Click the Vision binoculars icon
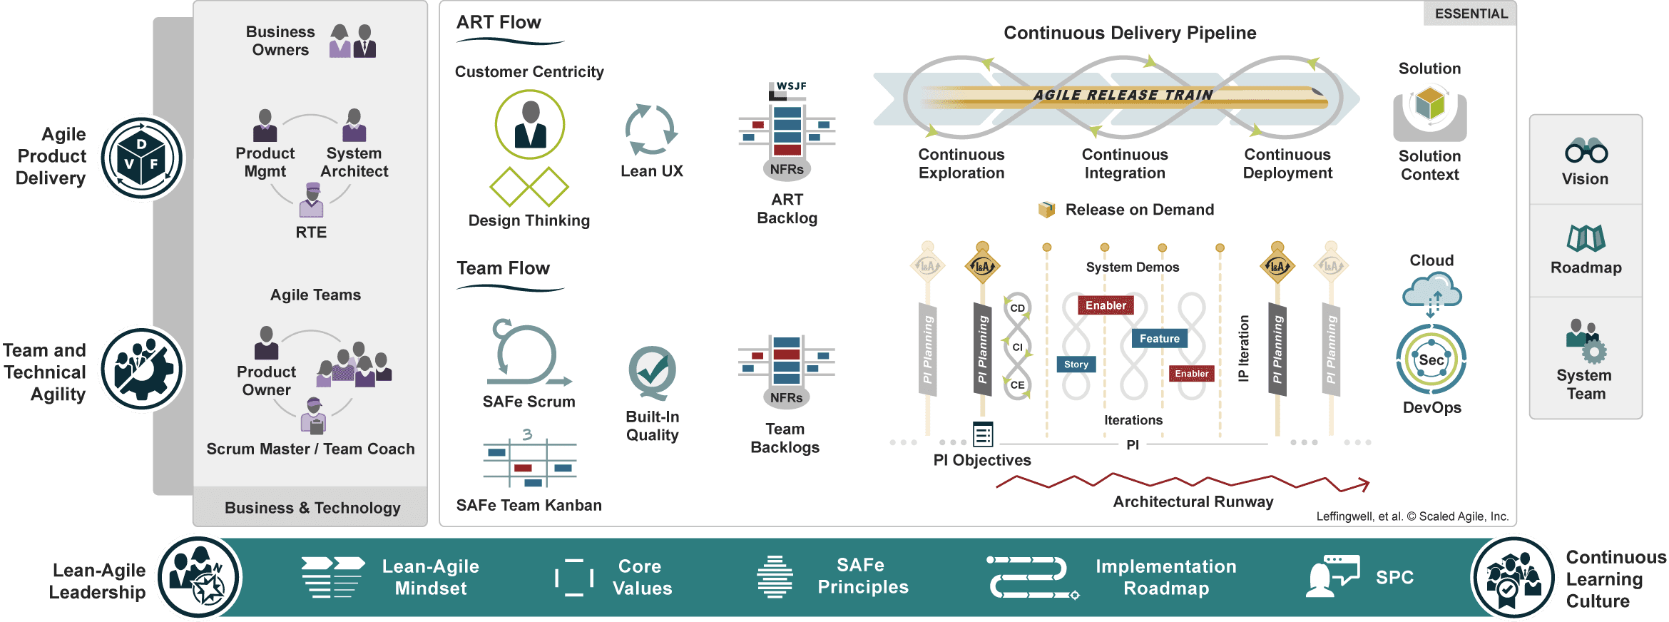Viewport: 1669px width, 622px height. tap(1586, 151)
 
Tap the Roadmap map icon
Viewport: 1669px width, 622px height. tap(1586, 238)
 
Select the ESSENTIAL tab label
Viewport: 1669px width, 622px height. tap(1471, 14)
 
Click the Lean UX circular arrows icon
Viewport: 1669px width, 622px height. tap(650, 130)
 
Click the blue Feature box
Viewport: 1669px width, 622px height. tap(1159, 339)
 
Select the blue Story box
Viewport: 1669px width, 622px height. tap(1076, 364)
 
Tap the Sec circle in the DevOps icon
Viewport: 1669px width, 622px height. tap(1431, 360)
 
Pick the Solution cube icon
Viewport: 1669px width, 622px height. tap(1430, 106)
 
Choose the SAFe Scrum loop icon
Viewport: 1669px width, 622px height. tap(527, 354)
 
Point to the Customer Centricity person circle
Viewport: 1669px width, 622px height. tap(530, 124)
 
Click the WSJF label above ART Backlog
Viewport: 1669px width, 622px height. tap(791, 86)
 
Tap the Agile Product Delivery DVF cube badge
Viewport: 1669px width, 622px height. tap(141, 158)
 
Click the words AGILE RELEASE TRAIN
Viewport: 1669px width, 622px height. tap(1123, 95)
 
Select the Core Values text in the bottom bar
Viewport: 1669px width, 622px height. tap(642, 577)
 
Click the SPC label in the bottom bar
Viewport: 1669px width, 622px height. tap(1394, 577)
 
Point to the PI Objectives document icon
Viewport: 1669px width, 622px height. tap(983, 434)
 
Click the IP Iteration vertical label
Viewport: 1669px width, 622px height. tap(1244, 348)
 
